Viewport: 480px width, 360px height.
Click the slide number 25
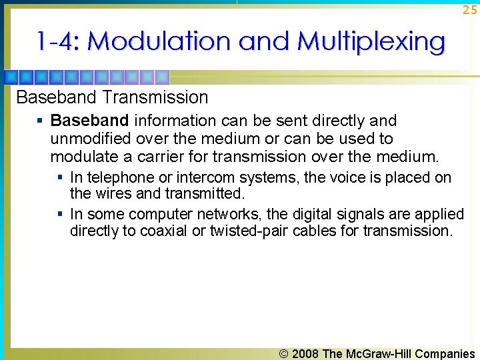(x=469, y=10)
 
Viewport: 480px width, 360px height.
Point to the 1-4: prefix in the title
(x=59, y=41)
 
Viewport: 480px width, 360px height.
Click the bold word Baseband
(x=89, y=121)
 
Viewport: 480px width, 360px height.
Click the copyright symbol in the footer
(x=285, y=353)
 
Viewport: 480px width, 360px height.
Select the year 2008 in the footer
(x=305, y=353)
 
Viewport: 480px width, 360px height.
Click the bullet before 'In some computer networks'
(x=60, y=214)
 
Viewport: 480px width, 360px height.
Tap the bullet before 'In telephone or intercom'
(x=60, y=178)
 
